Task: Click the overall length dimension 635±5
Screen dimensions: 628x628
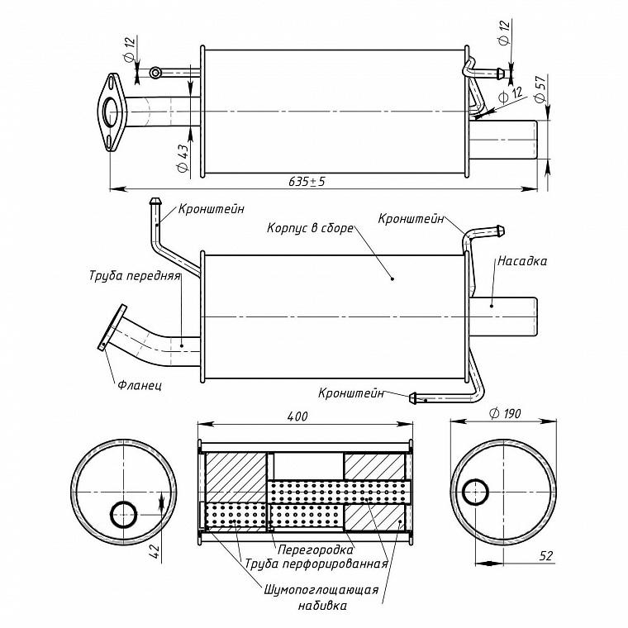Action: click(307, 182)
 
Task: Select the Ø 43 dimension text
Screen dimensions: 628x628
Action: click(183, 158)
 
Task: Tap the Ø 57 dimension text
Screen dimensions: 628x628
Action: click(540, 89)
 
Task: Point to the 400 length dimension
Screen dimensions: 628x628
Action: click(297, 416)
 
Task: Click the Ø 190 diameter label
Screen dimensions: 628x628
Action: click(505, 413)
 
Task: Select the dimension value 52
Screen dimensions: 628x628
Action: click(545, 555)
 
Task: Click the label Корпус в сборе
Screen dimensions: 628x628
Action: click(310, 228)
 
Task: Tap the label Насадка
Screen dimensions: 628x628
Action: click(522, 261)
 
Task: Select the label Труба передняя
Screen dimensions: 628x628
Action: click(135, 276)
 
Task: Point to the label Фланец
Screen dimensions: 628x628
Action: click(140, 385)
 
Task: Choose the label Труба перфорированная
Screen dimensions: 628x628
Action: click(316, 564)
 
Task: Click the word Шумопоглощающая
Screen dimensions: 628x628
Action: click(321, 590)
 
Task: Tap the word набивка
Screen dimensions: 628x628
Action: click(322, 605)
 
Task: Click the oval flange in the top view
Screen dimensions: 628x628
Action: click(112, 112)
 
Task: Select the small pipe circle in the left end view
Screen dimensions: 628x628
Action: click(124, 515)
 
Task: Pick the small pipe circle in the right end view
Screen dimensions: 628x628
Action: click(475, 492)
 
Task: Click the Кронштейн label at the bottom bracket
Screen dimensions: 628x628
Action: click(351, 392)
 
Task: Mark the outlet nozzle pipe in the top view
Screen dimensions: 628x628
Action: click(503, 140)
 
